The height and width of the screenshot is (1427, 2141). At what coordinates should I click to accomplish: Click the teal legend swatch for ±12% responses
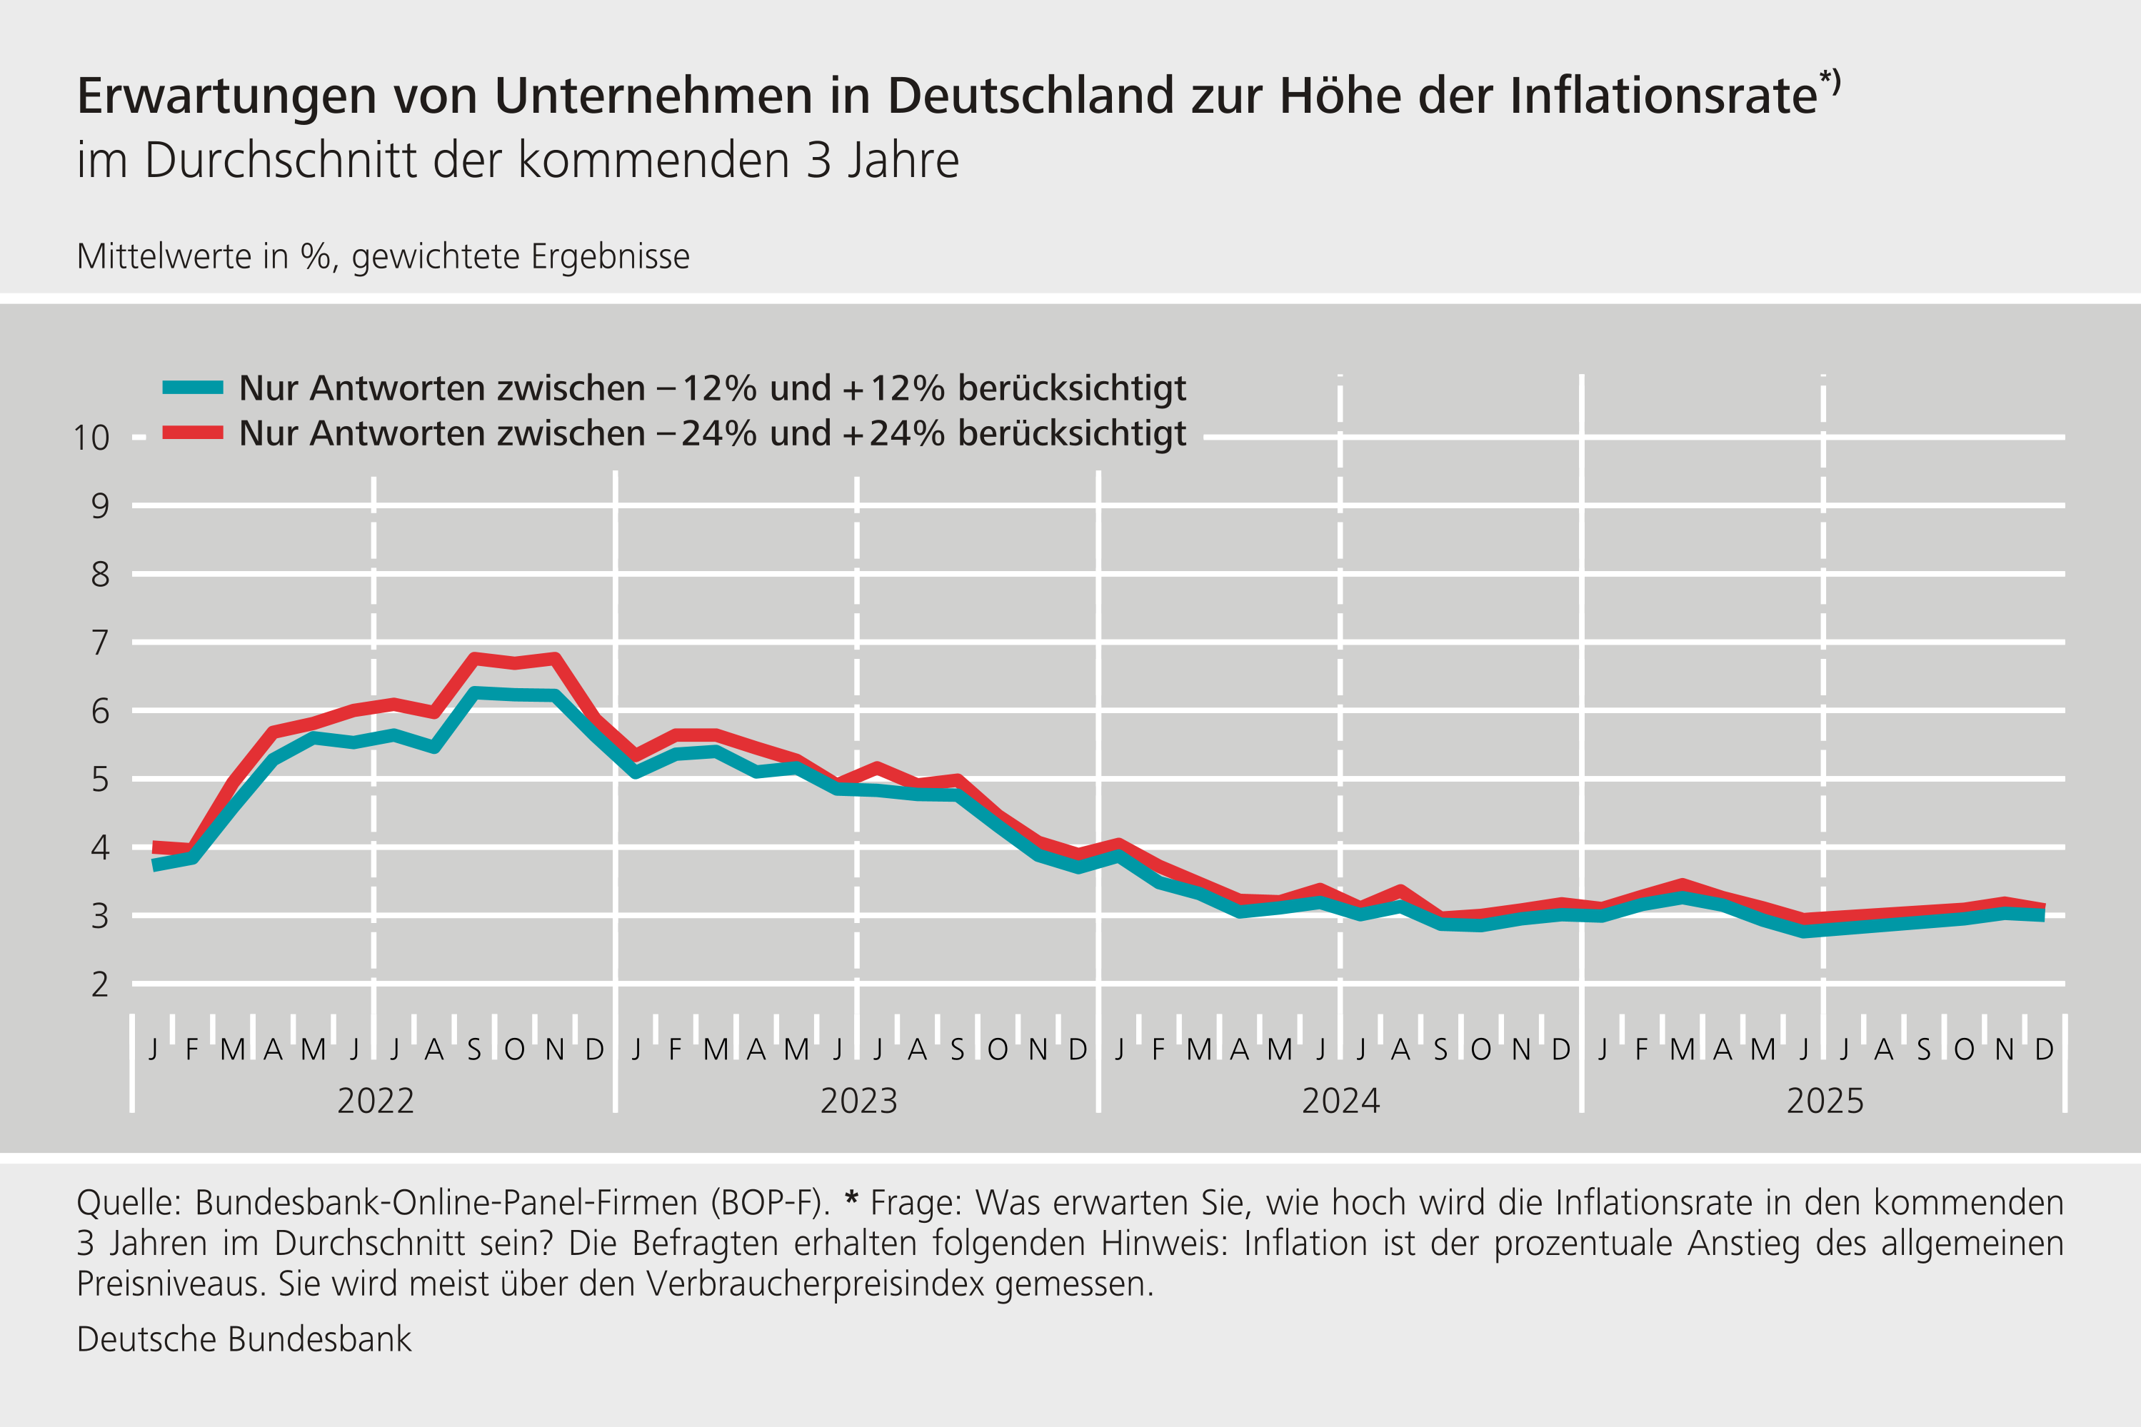pos(192,388)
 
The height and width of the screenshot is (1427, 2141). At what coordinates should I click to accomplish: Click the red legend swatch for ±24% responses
pos(192,433)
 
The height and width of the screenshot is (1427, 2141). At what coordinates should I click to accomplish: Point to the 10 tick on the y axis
pos(92,438)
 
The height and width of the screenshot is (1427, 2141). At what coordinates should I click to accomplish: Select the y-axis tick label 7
pos(99,643)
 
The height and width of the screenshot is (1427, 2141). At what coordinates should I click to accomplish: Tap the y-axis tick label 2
pos(99,984)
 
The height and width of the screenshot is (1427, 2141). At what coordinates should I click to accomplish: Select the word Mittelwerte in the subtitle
pos(162,257)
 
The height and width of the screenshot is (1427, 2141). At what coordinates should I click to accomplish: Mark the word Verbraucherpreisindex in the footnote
pos(816,1284)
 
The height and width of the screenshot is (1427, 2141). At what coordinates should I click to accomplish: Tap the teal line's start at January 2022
pos(155,864)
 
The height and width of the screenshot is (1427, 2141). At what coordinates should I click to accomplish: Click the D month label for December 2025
pos(2045,1049)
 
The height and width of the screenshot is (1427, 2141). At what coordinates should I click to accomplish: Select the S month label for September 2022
pos(473,1049)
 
